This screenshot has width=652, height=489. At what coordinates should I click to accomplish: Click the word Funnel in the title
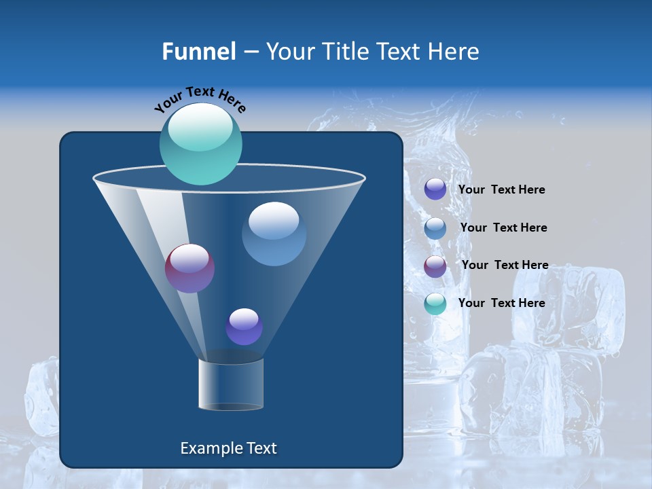[199, 52]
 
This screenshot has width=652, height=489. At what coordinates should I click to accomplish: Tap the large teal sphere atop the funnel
[200, 143]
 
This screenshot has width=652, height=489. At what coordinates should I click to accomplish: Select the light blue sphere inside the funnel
[274, 234]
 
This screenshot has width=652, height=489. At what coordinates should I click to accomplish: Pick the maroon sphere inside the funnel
[189, 268]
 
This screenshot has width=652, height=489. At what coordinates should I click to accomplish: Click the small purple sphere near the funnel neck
[244, 327]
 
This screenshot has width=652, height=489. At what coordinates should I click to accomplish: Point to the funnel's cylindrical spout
[230, 384]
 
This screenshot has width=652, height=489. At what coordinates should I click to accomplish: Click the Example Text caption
[228, 448]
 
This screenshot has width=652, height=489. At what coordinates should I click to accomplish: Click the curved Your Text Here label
[200, 99]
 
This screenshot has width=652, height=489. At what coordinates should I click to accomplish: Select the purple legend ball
[435, 189]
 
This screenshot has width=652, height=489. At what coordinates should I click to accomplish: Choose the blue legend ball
[435, 228]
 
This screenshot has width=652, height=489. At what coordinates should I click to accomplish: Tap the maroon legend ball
[435, 266]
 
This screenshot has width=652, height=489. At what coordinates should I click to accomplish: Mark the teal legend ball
[435, 304]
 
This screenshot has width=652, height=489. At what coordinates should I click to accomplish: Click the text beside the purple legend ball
[501, 190]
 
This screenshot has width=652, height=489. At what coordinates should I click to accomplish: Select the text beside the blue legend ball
[503, 228]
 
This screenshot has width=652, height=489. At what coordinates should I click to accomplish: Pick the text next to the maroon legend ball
[505, 266]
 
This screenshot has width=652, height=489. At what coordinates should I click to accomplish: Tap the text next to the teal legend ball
[501, 303]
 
